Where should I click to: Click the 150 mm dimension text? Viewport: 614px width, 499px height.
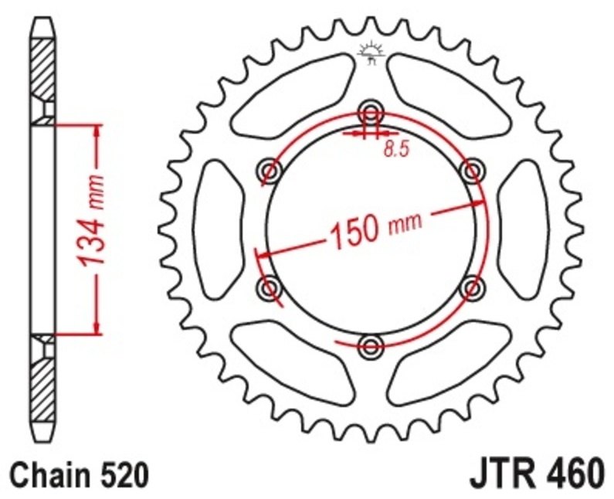pos(376,232)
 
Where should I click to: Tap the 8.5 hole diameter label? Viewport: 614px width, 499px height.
pos(396,149)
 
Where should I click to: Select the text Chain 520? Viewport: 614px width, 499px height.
pos(80,475)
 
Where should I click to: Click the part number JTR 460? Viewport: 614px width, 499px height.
pos(536,475)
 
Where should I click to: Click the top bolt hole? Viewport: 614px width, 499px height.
pos(371,113)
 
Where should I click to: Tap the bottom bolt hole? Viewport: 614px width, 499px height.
pos(371,346)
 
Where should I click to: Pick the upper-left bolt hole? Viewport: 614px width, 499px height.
pos(270,171)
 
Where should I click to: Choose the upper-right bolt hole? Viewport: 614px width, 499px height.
pos(472,171)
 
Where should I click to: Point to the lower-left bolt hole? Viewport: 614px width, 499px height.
pos(270,288)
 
